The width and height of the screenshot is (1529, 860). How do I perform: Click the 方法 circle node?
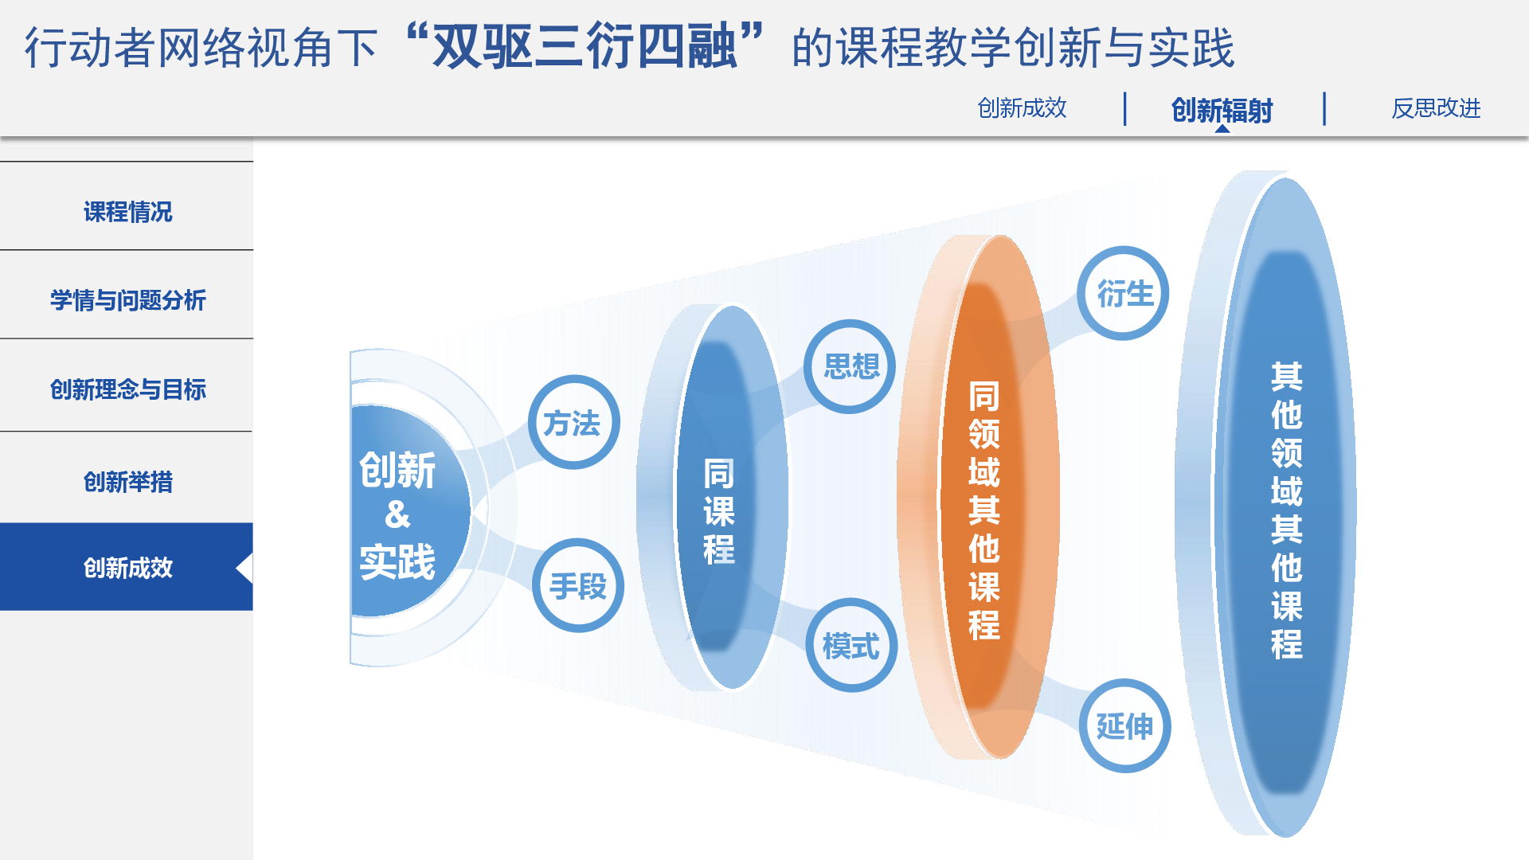[x=573, y=422]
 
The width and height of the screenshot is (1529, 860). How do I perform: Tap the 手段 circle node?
[x=578, y=585]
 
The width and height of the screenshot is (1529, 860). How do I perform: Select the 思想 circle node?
[x=850, y=366]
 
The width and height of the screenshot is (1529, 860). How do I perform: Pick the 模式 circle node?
[x=851, y=645]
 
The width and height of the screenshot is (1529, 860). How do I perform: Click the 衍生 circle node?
[x=1123, y=293]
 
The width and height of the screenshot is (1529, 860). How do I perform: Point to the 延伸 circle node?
[x=1124, y=725]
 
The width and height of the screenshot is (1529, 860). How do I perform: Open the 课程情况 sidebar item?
[x=127, y=212]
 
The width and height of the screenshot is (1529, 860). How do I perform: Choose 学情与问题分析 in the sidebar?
[x=127, y=300]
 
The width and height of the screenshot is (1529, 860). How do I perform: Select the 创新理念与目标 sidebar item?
[x=127, y=389]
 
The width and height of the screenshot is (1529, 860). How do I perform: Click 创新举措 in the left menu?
[x=127, y=482]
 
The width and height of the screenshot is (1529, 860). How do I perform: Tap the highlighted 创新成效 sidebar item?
[x=127, y=567]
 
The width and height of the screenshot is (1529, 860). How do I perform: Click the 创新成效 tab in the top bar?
[x=1022, y=108]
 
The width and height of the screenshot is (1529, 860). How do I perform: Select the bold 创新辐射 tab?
[x=1222, y=110]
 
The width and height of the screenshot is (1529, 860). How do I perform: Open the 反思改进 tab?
[x=1436, y=108]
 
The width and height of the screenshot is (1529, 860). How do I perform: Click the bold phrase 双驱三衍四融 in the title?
[x=585, y=46]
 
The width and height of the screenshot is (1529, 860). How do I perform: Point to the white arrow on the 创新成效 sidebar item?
[x=246, y=568]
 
